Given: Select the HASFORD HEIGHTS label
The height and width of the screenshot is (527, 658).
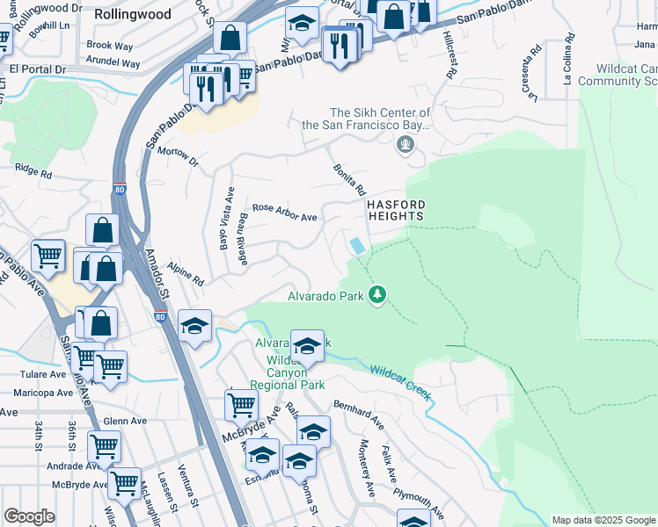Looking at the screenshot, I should pyautogui.click(x=395, y=209).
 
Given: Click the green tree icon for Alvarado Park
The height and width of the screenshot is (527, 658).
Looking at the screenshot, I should pyautogui.click(x=377, y=294).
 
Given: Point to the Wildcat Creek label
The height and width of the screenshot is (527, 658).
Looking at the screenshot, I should pyautogui.click(x=400, y=383).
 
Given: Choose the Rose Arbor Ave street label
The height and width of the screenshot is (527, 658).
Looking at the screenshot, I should pyautogui.click(x=284, y=213).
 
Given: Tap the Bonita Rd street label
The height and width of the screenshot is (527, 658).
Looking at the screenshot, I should pyautogui.click(x=348, y=179).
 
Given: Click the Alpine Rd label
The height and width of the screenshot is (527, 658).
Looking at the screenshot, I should pyautogui.click(x=187, y=277).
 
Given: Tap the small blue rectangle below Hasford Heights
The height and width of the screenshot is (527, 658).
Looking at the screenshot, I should pyautogui.click(x=357, y=245).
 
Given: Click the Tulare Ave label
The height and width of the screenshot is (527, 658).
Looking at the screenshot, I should pyautogui.click(x=34, y=373).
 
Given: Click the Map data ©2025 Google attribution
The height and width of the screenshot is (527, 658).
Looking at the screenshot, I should pyautogui.click(x=603, y=520).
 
